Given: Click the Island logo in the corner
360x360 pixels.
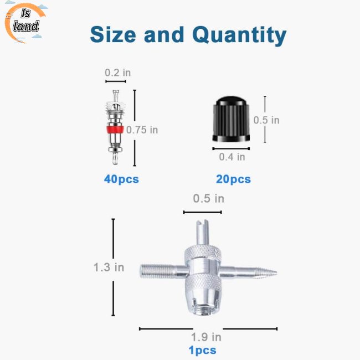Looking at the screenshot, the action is tap(25, 23).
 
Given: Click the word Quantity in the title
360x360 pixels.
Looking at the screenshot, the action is tap(240, 35).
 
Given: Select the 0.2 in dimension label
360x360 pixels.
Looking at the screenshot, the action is tap(118, 73).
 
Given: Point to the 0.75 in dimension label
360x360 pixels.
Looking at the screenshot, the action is tap(142, 130).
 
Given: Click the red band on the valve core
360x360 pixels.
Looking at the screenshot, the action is tap(115, 130).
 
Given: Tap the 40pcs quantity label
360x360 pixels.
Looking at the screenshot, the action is tap(121, 179).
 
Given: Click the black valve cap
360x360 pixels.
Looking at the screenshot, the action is tap(231, 119).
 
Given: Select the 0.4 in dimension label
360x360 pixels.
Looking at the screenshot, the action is tap(232, 157).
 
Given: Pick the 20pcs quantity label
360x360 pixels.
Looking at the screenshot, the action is tap(234, 179).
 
